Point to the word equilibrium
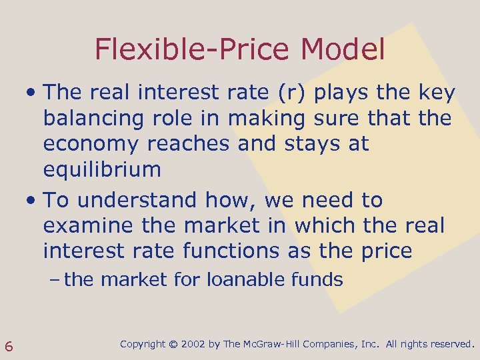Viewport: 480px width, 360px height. [x=102, y=169]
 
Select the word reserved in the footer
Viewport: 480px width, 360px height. [x=447, y=345]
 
